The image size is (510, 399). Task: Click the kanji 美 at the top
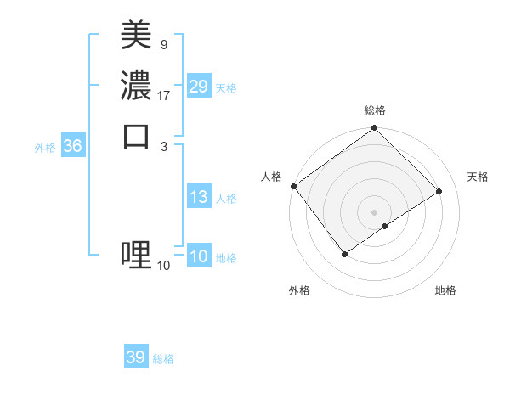(x=136, y=35)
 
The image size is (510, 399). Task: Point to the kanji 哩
(x=136, y=254)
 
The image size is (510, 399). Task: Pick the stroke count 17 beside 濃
(x=164, y=96)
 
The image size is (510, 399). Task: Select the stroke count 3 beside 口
(x=164, y=145)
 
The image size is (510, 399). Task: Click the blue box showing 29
(x=199, y=87)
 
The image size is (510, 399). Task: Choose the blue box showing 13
(x=199, y=197)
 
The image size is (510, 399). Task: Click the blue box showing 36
(x=73, y=146)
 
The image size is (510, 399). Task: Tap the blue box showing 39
(x=136, y=357)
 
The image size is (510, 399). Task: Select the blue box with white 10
(x=199, y=257)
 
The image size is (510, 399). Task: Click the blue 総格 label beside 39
(x=164, y=359)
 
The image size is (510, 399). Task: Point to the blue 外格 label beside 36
(x=45, y=148)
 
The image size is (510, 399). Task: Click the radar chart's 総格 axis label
(x=374, y=110)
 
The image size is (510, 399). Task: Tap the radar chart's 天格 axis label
(x=478, y=177)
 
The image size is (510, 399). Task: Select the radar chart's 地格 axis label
(x=445, y=291)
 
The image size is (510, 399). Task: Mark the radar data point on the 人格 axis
(x=293, y=186)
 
